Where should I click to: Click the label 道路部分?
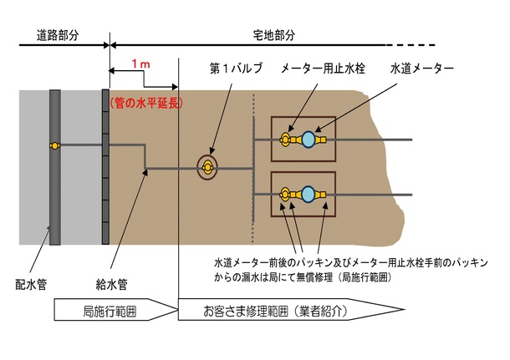click(58, 35)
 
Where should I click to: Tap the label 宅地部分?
click(274, 35)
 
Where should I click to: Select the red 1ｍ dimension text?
click(140, 64)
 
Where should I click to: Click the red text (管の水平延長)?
click(146, 103)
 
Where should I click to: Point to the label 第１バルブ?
click(236, 68)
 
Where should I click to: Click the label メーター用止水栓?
click(323, 68)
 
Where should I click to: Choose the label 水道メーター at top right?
click(421, 68)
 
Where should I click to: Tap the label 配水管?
click(31, 284)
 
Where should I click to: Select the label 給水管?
click(111, 284)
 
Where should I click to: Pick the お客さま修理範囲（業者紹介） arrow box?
click(292, 310)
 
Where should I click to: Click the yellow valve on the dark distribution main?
click(55, 145)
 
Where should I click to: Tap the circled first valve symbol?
click(207, 168)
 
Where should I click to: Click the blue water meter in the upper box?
click(309, 139)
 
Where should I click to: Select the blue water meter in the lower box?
click(309, 195)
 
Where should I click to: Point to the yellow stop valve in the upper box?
click(285, 139)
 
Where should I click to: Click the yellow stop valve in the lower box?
click(285, 195)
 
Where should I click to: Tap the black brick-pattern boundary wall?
click(105, 167)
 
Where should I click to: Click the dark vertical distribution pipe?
click(55, 167)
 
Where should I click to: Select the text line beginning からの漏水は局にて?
click(303, 278)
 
